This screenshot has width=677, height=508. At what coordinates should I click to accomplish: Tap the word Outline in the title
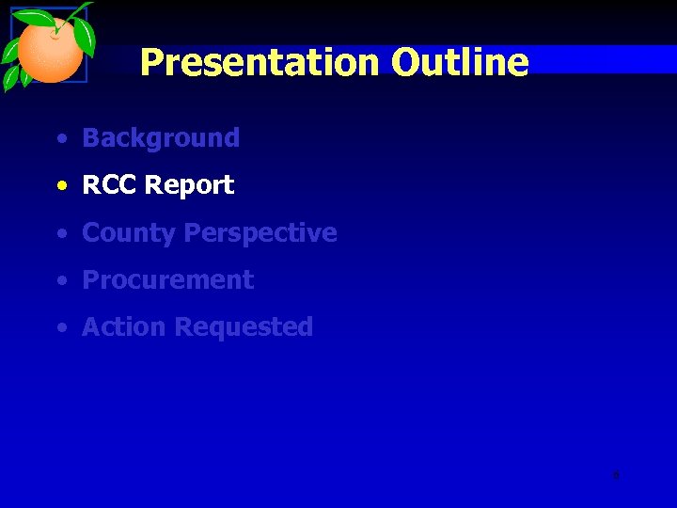460,63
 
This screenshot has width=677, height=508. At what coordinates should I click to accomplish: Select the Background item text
161,138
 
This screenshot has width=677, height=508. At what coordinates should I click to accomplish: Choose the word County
129,233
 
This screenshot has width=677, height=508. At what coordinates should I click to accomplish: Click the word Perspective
260,233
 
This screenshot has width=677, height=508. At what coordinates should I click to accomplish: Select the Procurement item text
167,280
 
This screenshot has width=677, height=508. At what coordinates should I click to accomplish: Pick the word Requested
244,327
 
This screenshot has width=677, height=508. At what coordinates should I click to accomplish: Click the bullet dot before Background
61,139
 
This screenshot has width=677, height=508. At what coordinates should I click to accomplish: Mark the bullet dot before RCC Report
61,186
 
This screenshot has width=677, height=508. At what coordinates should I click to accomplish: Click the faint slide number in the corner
616,475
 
